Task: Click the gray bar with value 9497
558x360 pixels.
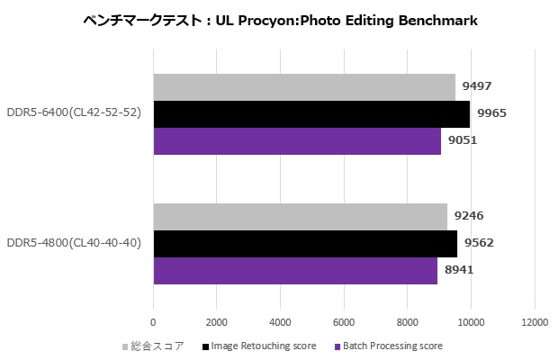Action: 304,87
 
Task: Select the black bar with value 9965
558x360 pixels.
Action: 311,114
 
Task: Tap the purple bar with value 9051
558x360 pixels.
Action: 297,141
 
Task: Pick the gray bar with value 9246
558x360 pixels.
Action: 300,217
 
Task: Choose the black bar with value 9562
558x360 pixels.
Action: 305,244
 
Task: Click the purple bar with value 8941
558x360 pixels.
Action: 295,270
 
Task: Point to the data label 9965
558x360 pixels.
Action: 492,113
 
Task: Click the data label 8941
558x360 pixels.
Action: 459,270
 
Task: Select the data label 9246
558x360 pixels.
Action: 469,216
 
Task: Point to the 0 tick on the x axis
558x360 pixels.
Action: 153,321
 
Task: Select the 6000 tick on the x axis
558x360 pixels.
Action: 344,321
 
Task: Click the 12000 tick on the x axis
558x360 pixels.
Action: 535,321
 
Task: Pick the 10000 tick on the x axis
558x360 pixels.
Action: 471,321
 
